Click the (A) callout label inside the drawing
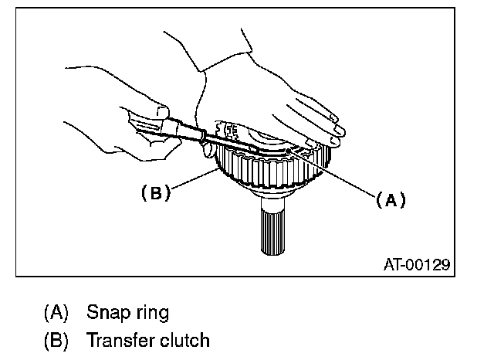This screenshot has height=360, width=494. (x=391, y=200)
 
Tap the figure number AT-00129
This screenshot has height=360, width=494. (x=416, y=264)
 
